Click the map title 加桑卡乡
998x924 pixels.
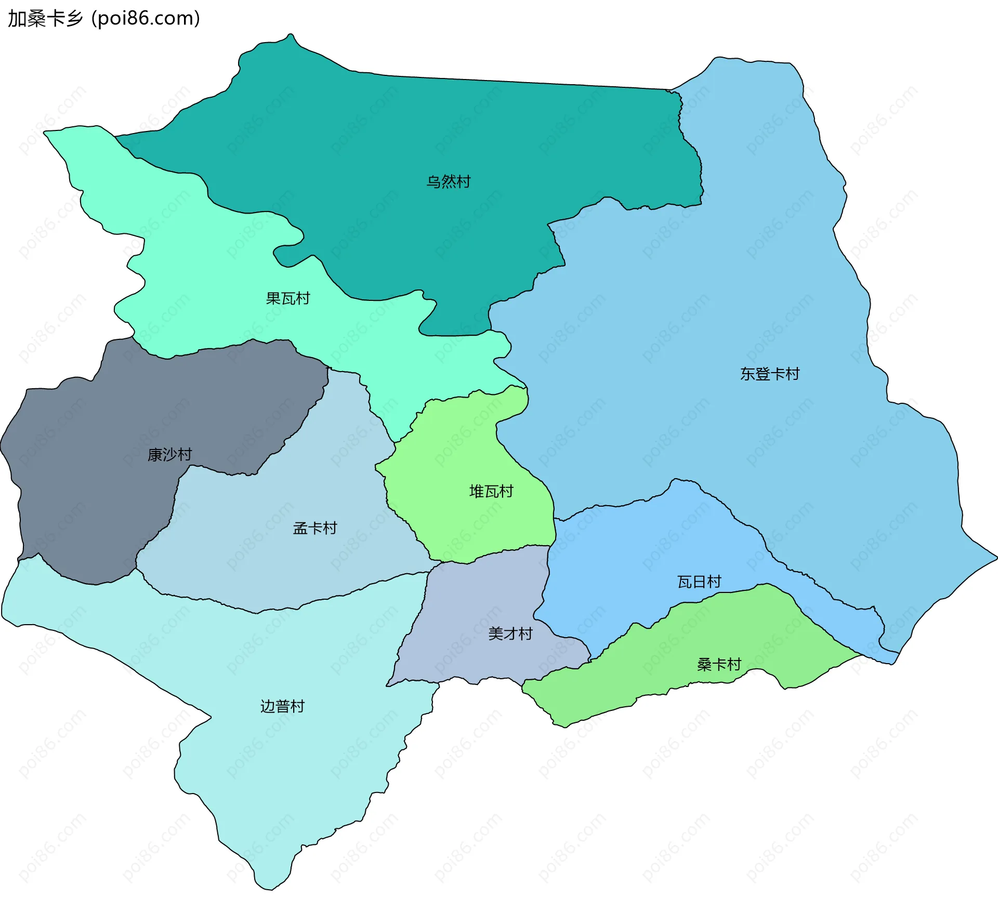(x=45, y=19)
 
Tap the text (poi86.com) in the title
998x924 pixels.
(x=146, y=19)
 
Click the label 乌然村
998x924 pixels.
(x=448, y=182)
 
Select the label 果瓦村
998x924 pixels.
(x=287, y=298)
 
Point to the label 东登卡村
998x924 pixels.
(x=769, y=374)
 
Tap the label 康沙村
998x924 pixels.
(x=169, y=455)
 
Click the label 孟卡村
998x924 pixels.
(x=314, y=529)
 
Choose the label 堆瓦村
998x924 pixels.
(x=491, y=491)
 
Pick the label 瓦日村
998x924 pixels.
(x=699, y=582)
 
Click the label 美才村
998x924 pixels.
(x=510, y=633)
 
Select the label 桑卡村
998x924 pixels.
(x=718, y=664)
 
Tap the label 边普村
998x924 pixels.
(x=282, y=706)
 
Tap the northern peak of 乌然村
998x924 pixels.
(x=291, y=35)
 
